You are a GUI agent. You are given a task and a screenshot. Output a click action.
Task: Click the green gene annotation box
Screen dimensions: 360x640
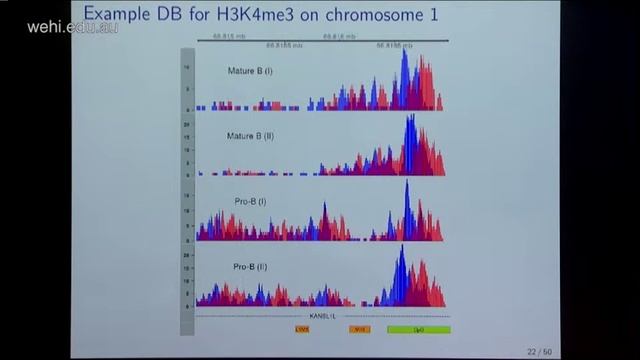click(x=418, y=329)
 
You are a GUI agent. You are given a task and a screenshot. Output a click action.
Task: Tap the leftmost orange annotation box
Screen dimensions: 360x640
click(x=302, y=328)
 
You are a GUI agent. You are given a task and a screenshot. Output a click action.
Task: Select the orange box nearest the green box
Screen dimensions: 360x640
click(x=360, y=328)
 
